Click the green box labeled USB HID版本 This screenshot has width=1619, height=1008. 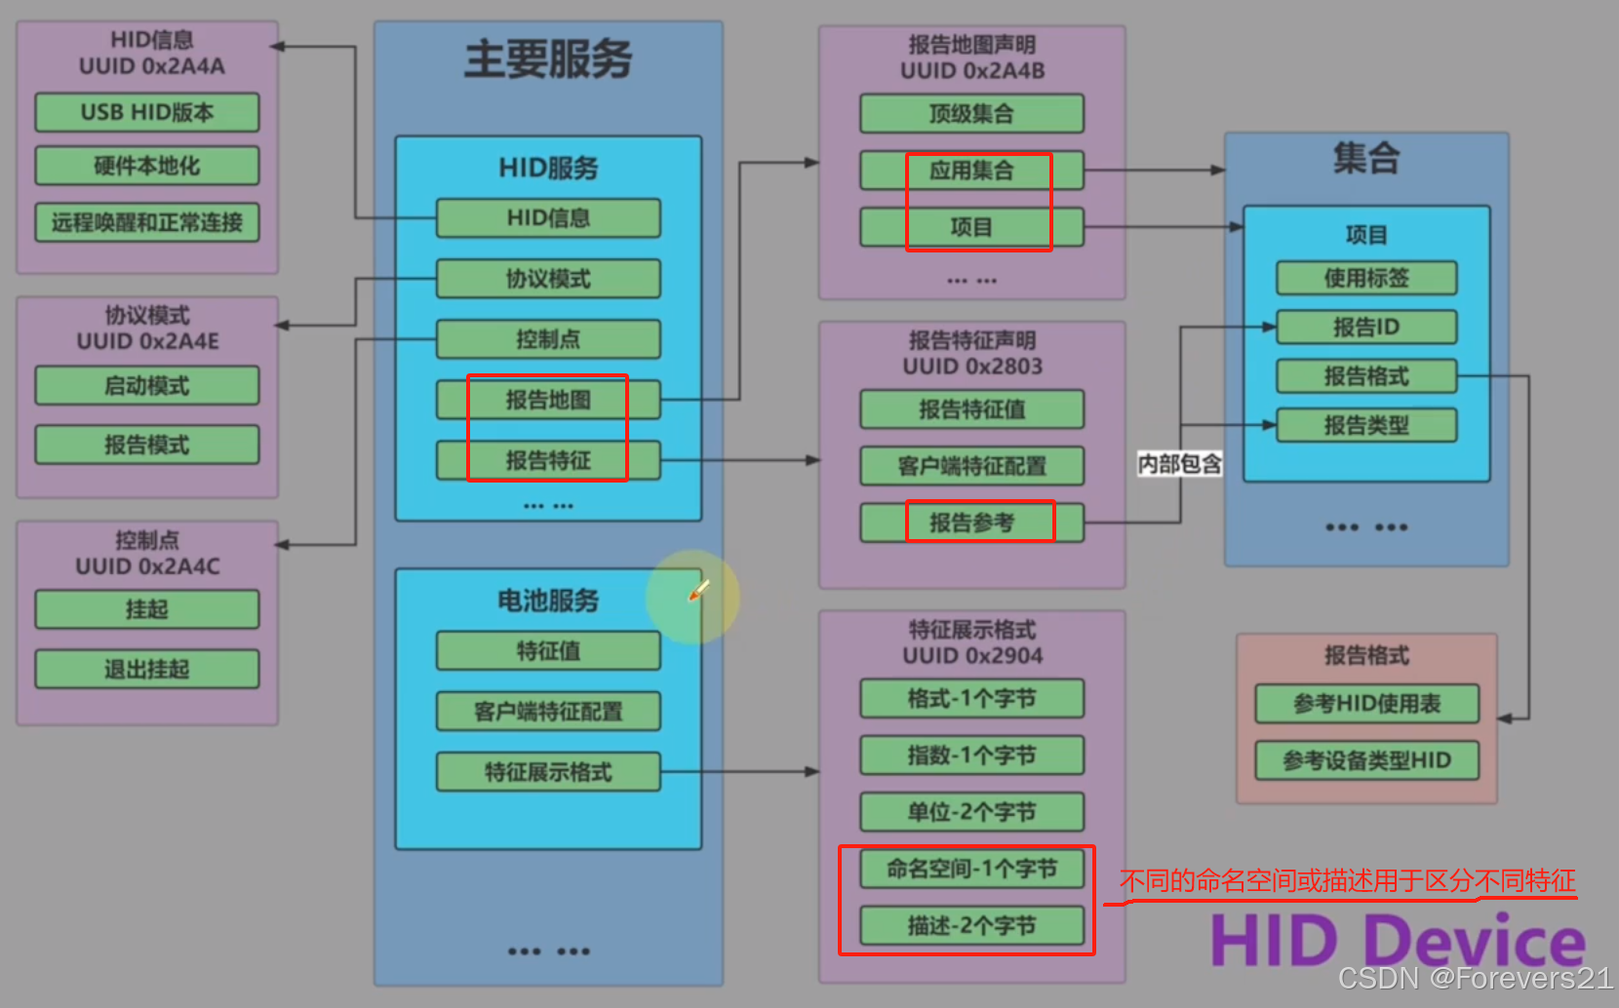[147, 112]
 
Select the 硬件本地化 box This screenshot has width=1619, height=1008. [147, 166]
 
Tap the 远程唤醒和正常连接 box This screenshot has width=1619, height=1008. [147, 222]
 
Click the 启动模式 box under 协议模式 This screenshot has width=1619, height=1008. [147, 386]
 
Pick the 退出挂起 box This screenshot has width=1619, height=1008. [147, 670]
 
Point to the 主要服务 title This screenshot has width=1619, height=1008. [548, 59]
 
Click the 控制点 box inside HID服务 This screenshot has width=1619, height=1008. [548, 339]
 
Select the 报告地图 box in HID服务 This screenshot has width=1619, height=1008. [548, 400]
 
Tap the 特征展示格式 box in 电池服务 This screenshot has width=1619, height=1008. [548, 772]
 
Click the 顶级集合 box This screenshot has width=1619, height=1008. [971, 114]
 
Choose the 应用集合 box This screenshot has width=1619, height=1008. [971, 171]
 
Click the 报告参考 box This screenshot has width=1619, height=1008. [971, 523]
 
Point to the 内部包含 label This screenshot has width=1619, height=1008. [1180, 464]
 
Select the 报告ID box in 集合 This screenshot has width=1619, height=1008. [1366, 328]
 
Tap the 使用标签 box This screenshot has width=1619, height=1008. [1366, 278]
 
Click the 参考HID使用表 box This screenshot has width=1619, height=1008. [1366, 704]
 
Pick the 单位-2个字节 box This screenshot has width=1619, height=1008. [971, 812]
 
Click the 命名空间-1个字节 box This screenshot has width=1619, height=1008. [971, 869]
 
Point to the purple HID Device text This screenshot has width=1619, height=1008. [1398, 941]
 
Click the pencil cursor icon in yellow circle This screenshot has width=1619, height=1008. [698, 591]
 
